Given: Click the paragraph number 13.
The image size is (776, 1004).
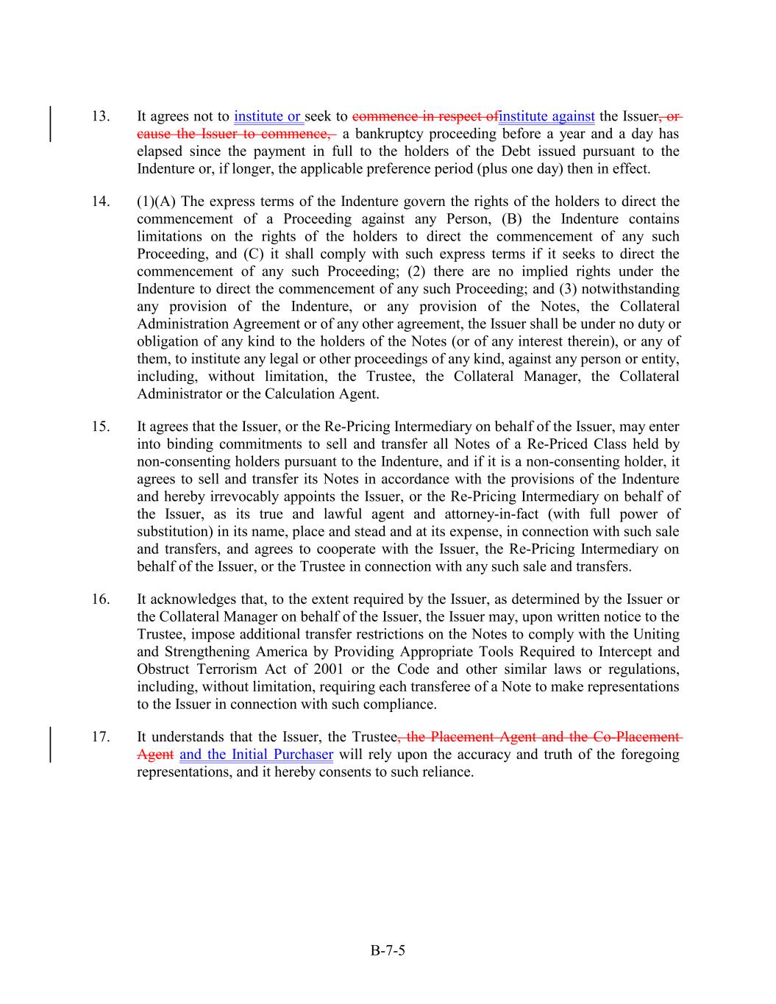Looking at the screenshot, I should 101,116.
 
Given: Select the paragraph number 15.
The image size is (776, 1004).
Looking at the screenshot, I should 101,427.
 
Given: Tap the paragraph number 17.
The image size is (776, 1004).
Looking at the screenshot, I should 101,737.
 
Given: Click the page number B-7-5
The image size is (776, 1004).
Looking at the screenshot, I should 388,950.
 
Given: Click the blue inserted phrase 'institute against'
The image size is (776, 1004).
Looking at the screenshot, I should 547,116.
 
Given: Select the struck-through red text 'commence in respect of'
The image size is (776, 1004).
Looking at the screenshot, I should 425,116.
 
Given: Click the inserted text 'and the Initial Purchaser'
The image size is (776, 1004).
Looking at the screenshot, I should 256,755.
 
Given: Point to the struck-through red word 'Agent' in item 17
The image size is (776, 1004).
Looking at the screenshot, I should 155,755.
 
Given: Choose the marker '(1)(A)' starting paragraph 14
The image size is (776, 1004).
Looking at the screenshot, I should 156,202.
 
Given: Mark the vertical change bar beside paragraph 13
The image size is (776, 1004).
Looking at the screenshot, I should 50,124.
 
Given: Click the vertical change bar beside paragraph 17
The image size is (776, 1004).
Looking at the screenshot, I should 50,745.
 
